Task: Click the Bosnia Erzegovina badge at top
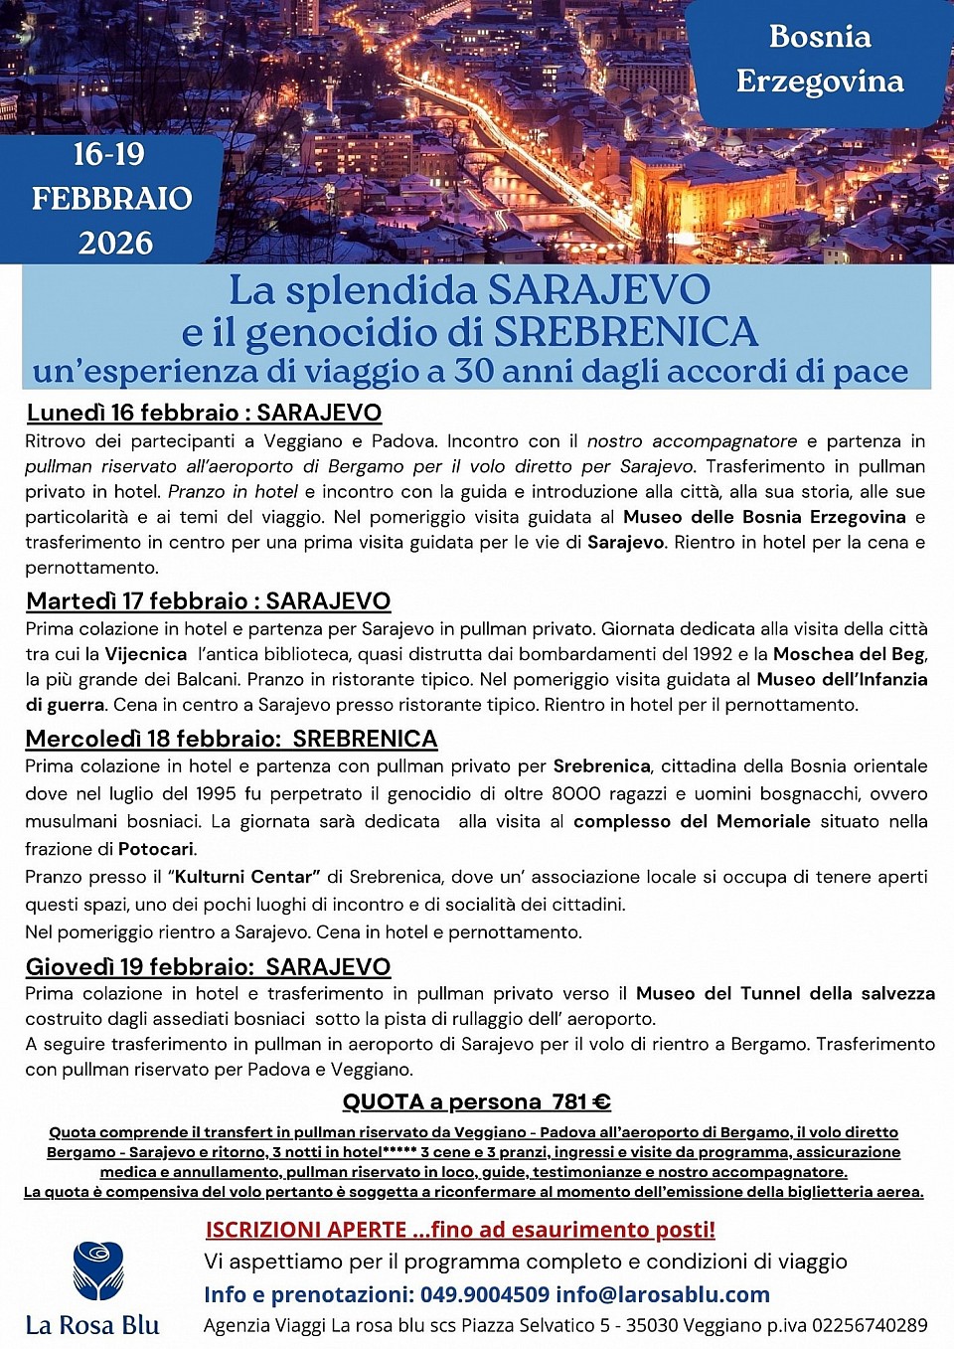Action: pyautogui.click(x=819, y=60)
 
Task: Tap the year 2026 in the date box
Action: pyautogui.click(x=115, y=243)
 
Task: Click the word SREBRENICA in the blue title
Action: pyautogui.click(x=626, y=332)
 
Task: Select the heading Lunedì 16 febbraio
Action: pyautogui.click(x=204, y=413)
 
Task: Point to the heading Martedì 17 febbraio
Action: pyautogui.click(x=208, y=600)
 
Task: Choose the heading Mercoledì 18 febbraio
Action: pyautogui.click(x=231, y=739)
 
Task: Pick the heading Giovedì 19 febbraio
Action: pyautogui.click(x=208, y=966)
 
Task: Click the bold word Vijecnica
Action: pyautogui.click(x=146, y=654)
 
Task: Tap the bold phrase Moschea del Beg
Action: pyautogui.click(x=849, y=654)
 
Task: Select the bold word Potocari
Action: pyautogui.click(x=156, y=849)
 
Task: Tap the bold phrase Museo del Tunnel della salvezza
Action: pyautogui.click(x=785, y=993)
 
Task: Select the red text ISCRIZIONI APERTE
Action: pyautogui.click(x=306, y=1230)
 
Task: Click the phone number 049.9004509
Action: pyautogui.click(x=484, y=1294)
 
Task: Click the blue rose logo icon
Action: pyautogui.click(x=97, y=1270)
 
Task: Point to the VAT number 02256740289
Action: pyautogui.click(x=870, y=1325)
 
